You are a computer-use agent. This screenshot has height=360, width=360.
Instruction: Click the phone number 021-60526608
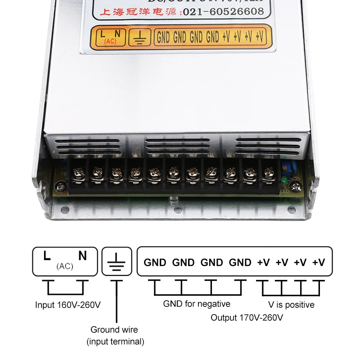tap(222, 12)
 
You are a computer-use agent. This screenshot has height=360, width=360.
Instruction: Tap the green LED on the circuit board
tap(284, 182)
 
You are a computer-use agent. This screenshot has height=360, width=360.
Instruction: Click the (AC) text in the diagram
tap(65, 266)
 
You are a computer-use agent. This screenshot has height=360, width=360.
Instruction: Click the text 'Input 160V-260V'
tap(68, 305)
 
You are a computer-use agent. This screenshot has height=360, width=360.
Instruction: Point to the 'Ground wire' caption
tap(114, 330)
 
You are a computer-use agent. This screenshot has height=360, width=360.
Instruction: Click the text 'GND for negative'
tap(197, 304)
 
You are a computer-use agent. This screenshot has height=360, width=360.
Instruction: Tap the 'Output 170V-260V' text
tap(247, 318)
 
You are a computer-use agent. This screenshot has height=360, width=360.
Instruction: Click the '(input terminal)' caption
tap(115, 342)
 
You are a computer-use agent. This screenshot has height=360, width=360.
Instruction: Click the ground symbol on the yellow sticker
tap(139, 37)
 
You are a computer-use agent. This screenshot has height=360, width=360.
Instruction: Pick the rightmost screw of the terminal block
tap(269, 172)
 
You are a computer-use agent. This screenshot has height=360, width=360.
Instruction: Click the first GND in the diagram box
tap(155, 262)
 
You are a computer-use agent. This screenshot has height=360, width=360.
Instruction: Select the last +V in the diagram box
tap(319, 262)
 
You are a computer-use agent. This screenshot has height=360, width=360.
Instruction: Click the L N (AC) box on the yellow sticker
tap(109, 36)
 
